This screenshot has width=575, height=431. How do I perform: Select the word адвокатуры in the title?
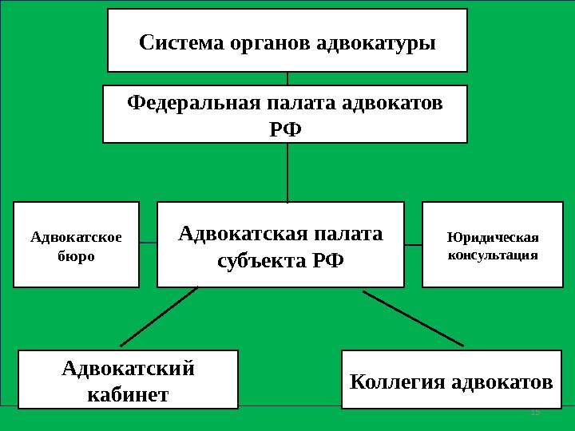coord(376,42)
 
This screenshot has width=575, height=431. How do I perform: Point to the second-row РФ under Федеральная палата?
coord(286,128)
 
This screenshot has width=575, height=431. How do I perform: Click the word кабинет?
coord(128,393)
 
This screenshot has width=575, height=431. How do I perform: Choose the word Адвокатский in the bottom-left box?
coord(128,369)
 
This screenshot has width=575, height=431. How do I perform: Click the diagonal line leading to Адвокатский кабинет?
coord(159,316)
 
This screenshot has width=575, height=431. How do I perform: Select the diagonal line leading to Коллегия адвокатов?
coord(413,318)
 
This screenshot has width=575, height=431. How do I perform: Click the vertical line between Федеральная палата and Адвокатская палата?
coord(287,172)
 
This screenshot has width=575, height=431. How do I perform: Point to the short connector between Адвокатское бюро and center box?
coord(148,242)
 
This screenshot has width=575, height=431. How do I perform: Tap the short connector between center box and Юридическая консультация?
coord(413,243)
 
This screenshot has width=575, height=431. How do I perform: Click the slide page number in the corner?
coord(535,412)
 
